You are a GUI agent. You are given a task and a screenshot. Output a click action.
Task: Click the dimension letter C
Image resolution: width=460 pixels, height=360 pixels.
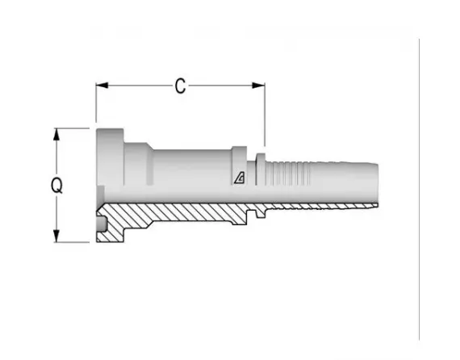point(180,86)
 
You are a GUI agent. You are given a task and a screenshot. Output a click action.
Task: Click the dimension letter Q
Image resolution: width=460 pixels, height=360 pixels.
point(57,186)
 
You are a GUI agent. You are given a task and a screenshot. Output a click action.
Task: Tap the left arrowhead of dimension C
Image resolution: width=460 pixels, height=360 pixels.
point(102,86)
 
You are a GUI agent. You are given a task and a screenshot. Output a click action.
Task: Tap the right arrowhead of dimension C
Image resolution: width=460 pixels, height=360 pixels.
point(258,86)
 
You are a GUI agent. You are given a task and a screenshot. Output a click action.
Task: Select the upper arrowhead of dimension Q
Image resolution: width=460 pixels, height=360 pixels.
point(56,135)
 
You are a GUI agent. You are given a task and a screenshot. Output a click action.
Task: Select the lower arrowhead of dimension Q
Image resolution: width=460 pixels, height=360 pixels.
point(56,236)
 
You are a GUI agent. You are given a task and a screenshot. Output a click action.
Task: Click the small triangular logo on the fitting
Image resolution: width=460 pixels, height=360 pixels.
point(240,178)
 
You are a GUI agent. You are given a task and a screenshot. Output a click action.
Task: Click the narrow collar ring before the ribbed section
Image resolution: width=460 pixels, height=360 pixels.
point(261,170)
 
